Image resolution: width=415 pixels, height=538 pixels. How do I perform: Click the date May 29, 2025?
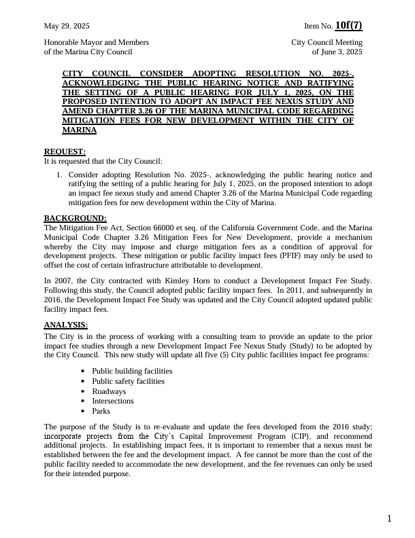[x=67, y=26]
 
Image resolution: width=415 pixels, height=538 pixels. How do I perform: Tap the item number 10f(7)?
[x=348, y=26]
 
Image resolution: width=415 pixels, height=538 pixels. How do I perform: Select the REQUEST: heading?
[x=65, y=151]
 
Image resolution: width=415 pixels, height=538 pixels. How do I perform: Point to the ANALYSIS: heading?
[x=66, y=325]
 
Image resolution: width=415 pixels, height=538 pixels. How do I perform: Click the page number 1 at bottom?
[x=389, y=520]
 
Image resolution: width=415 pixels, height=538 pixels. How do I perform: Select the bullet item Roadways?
[x=109, y=391]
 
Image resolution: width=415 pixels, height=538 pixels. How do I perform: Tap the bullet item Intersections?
[x=113, y=401]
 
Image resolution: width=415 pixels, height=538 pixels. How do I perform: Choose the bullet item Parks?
[x=101, y=411]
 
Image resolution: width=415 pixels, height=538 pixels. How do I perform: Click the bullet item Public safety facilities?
[x=128, y=381]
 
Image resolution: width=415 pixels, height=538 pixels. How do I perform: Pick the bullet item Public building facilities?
[x=132, y=372]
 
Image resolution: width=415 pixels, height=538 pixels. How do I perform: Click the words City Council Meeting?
[x=327, y=42]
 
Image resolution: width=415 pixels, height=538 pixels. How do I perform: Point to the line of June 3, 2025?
[x=337, y=52]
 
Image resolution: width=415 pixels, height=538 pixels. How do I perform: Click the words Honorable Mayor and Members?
[x=96, y=42]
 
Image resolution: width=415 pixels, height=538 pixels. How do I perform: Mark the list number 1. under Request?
[x=60, y=175]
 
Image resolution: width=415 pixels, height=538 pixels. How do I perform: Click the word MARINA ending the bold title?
[x=79, y=130]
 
